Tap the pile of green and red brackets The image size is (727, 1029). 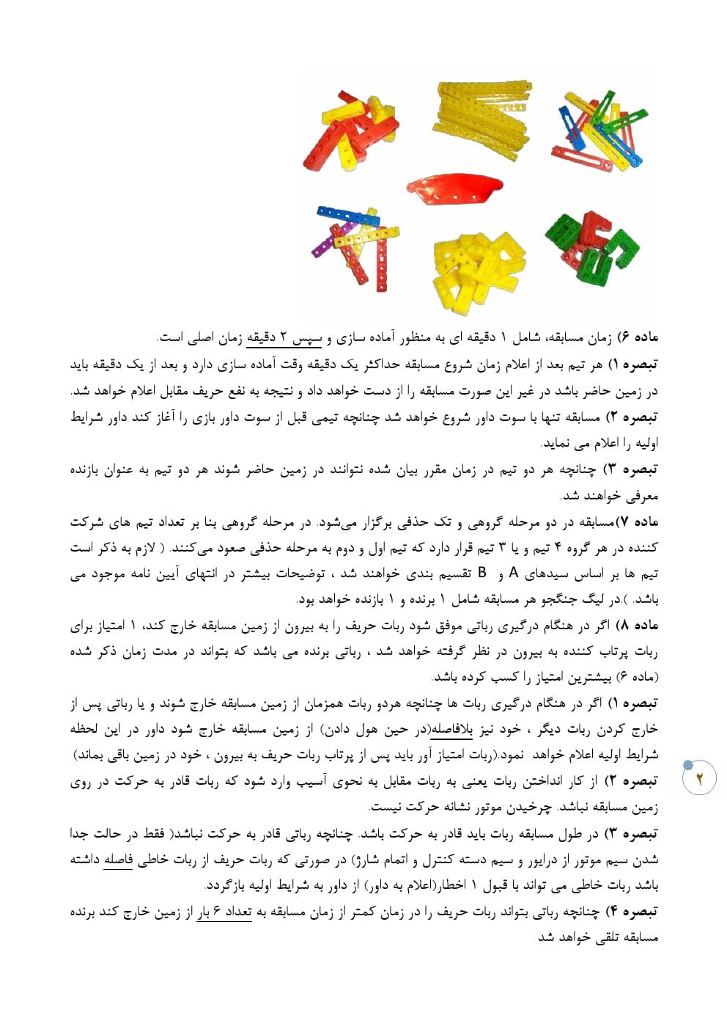coord(592,247)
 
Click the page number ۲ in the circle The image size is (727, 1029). coord(699,779)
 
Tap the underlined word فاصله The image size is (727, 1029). coord(117,859)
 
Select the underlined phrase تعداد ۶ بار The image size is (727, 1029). coord(224,912)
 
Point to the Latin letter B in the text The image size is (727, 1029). coord(481,573)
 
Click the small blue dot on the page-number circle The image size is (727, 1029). coord(687,766)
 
